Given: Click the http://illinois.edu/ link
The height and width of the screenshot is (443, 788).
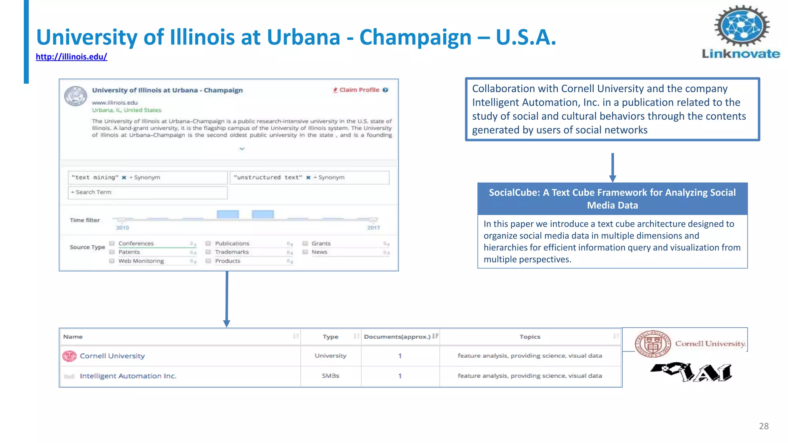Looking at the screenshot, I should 71,57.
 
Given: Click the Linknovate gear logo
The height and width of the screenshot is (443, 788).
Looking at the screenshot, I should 741,26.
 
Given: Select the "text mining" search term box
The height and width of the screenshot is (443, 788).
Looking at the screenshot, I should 147,178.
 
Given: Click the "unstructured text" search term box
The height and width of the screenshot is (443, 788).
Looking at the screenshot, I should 309,178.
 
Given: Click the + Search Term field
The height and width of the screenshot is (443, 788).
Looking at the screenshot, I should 147,192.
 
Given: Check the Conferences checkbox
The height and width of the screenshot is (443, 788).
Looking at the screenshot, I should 112,243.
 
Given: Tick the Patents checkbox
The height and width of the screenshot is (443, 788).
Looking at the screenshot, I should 112,252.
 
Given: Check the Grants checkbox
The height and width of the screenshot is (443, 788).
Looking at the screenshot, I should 305,243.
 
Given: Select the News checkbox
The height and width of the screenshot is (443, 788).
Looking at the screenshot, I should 305,252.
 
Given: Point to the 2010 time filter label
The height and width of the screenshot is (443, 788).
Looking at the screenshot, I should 122,228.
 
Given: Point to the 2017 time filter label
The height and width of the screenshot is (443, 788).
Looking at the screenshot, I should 373,228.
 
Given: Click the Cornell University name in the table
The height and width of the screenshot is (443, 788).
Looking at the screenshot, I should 112,356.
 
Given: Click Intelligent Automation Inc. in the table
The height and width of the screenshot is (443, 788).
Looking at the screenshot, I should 128,376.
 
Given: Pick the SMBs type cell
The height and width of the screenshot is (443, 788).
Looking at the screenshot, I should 331,376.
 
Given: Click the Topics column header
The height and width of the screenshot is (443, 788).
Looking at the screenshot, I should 530,337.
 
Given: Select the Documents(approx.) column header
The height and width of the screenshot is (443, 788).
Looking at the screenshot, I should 397,337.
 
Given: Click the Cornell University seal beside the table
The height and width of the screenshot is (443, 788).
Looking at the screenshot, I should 653,344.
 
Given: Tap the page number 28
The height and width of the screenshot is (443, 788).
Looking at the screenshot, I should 764,426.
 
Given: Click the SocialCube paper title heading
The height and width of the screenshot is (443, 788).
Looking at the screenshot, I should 612,199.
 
